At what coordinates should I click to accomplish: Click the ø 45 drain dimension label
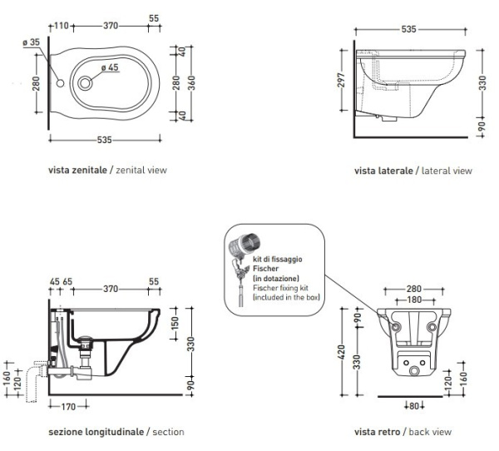111,68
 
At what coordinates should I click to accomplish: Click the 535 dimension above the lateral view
408,28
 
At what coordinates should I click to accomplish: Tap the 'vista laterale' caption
383,171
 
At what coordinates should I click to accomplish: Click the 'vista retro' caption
378,432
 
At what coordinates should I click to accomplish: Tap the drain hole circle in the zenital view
87,83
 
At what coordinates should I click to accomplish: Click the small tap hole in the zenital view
62,83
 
